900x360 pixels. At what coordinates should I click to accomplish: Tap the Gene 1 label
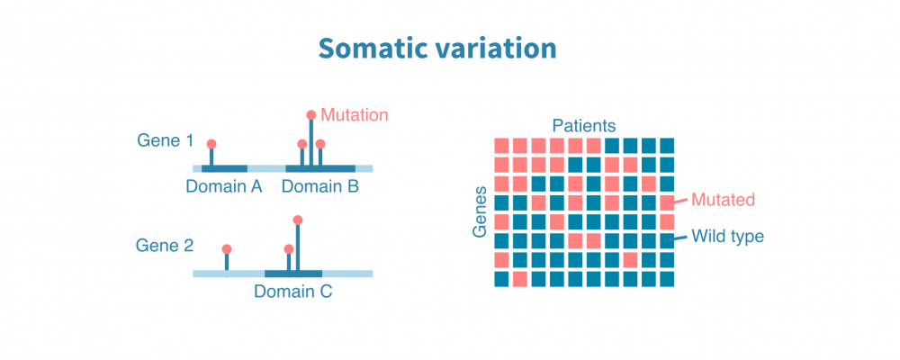(165, 140)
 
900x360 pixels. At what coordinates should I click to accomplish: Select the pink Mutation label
(355, 115)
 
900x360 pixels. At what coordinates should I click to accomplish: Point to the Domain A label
(224, 187)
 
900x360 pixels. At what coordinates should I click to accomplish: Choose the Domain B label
(320, 187)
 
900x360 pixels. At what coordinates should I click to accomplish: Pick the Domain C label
(292, 292)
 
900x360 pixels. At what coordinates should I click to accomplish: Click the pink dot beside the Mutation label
(311, 115)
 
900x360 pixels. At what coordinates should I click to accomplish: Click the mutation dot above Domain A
(211, 144)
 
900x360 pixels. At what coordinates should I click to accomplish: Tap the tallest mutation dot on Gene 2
(298, 220)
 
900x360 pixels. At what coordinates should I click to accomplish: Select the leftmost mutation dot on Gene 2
(227, 248)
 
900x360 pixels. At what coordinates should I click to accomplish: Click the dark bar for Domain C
(293, 273)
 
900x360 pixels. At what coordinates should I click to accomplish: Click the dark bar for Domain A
(224, 168)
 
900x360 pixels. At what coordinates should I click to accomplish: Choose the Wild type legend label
(727, 237)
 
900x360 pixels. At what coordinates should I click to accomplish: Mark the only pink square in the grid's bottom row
(520, 279)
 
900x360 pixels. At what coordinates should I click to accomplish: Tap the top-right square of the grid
(667, 145)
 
